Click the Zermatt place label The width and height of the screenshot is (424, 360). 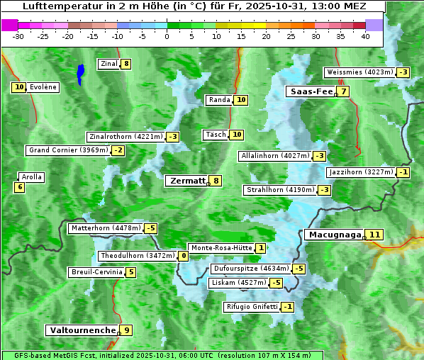(187, 181)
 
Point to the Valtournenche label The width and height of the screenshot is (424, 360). (82, 330)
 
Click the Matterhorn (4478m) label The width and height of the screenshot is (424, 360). (105, 228)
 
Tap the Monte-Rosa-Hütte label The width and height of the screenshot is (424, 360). (221, 248)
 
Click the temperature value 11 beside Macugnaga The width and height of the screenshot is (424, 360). (375, 235)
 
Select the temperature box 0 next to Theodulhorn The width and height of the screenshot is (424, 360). (184, 256)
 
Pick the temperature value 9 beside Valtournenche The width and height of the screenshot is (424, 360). (126, 330)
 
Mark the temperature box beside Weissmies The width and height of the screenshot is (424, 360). (403, 72)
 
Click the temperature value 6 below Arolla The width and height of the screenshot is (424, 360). (19, 187)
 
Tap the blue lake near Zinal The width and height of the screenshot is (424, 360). (81, 72)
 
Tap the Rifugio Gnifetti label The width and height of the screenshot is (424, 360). (251, 307)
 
